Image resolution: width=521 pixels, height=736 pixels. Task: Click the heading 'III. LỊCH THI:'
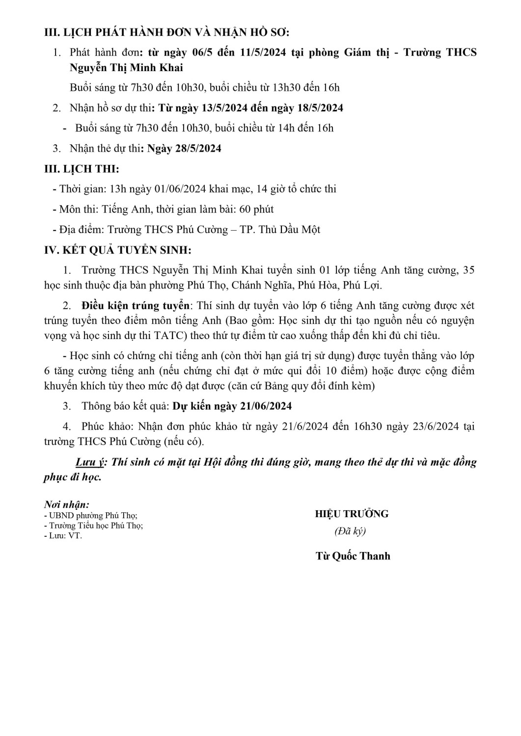(82, 169)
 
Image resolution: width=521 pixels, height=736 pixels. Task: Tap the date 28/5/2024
(198, 148)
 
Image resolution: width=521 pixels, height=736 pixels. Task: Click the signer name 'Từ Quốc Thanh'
(353, 556)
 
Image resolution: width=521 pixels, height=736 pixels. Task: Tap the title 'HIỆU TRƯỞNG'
(352, 514)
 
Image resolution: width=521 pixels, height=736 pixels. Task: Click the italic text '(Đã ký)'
(350, 531)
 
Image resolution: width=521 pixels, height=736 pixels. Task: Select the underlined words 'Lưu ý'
(91, 462)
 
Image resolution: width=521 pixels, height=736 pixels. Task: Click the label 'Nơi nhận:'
(67, 504)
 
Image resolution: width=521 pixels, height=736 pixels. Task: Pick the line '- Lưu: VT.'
(63, 535)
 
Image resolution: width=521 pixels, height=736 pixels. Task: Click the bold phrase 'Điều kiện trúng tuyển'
(135, 306)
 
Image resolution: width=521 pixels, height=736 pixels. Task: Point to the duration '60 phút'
(257, 209)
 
